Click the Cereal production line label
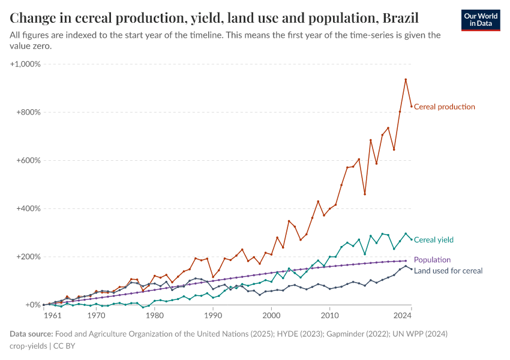[x=444, y=107]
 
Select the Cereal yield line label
[x=433, y=240]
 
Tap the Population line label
[x=432, y=260]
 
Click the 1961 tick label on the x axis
[x=52, y=315]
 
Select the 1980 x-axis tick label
[x=154, y=315]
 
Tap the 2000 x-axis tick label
[x=271, y=315]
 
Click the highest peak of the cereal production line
[x=406, y=79]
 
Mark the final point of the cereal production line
[x=412, y=106]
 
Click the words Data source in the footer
[x=31, y=334]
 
